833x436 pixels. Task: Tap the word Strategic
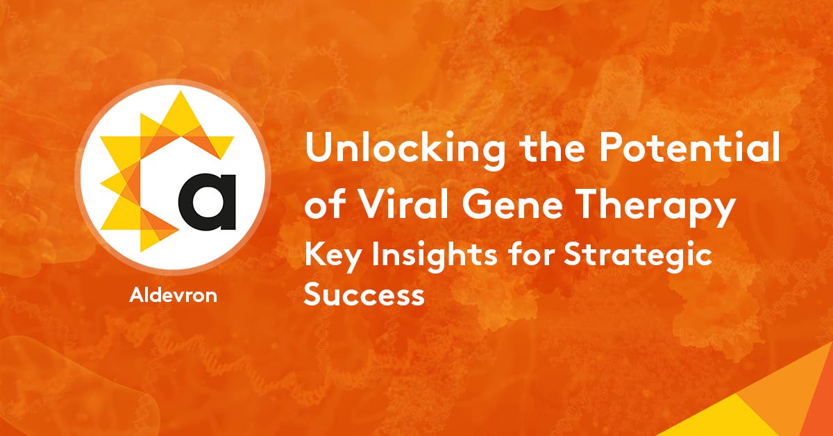[x=634, y=257]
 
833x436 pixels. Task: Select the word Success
[x=365, y=295]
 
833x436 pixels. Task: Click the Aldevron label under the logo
[x=173, y=295]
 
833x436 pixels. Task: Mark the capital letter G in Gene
[x=467, y=207]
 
